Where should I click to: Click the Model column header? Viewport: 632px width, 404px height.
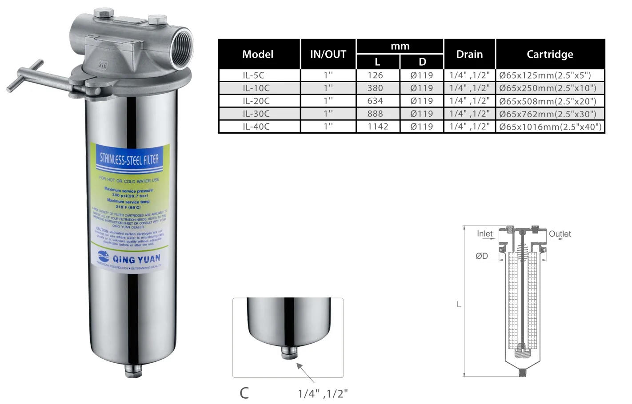[x=258, y=54]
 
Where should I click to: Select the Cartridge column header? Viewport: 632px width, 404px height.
[x=550, y=54]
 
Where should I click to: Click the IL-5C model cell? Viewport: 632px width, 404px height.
[x=254, y=75]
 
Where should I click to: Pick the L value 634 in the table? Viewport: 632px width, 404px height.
[x=375, y=101]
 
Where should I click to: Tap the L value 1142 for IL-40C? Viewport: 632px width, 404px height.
[x=378, y=127]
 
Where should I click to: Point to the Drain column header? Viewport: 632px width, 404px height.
[x=469, y=54]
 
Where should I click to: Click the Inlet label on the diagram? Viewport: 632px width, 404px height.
[x=484, y=234]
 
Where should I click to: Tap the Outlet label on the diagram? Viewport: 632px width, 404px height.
[x=560, y=234]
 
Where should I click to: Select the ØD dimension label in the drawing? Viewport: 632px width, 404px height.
[x=482, y=256]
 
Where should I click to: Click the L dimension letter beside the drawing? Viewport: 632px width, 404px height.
[x=459, y=305]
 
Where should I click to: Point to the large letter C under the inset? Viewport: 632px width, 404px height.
[x=244, y=393]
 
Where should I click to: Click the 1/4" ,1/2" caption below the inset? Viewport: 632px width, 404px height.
[x=323, y=393]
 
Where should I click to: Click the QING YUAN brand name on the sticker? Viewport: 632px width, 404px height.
[x=136, y=259]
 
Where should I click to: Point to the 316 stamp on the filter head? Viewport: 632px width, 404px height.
[x=103, y=65]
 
